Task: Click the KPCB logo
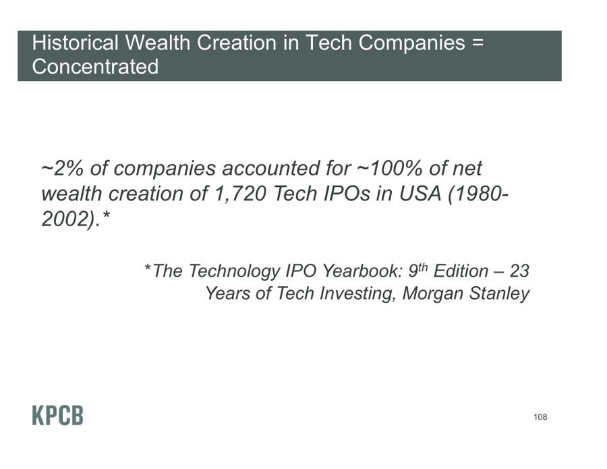58,416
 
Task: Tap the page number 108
540,417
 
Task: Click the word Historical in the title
75,43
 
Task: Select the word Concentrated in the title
95,66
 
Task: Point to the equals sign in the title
478,43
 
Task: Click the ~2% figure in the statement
62,168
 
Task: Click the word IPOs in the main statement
347,193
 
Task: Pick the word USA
420,193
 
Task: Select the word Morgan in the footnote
433,293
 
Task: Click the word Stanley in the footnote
499,293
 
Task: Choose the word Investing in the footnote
358,293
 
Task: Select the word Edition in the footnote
461,271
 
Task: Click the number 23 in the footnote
519,271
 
